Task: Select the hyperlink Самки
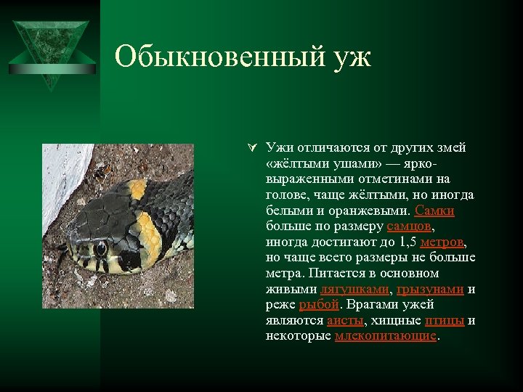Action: coord(434,211)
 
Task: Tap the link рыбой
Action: coord(319,305)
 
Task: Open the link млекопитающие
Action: coord(386,336)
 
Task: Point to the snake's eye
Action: coord(100,249)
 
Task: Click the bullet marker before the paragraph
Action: coord(249,148)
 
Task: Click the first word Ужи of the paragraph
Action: coord(277,148)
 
